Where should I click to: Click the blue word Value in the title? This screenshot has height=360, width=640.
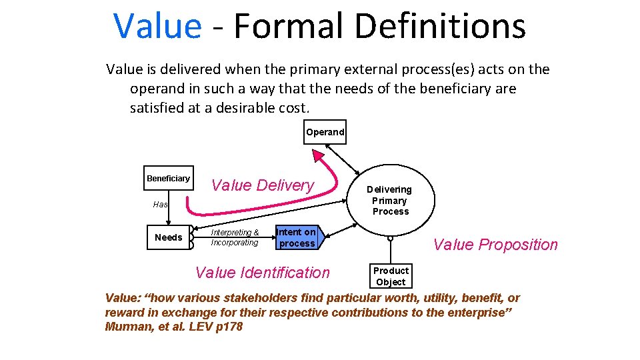157,27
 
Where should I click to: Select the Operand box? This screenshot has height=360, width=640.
325,132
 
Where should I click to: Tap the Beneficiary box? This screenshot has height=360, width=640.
169,178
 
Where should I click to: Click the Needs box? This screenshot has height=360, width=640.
168,237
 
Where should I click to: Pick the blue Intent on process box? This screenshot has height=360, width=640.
297,237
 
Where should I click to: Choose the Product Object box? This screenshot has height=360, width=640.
391,276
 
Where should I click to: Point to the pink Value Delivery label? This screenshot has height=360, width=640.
263,185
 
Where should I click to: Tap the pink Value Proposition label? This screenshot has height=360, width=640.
495,245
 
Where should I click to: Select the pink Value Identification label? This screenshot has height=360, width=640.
262,272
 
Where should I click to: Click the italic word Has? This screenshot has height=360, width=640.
160,205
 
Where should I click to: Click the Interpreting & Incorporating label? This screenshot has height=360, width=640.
235,237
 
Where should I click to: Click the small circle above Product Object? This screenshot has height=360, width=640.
391,238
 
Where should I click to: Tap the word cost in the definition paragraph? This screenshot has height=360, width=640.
295,107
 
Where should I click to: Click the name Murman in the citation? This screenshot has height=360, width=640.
127,327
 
